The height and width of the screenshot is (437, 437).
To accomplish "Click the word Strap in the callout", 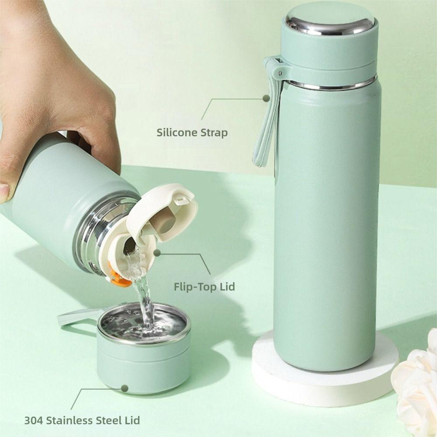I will (214, 133).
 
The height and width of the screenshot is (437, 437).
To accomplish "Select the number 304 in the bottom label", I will (34, 421).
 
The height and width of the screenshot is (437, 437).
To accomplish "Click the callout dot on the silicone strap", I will (266, 99).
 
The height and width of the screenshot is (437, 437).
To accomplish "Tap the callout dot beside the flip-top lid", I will (157, 253).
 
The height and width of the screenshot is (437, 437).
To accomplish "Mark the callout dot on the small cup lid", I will (125, 388).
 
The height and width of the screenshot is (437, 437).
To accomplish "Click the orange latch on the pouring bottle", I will (119, 280).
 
